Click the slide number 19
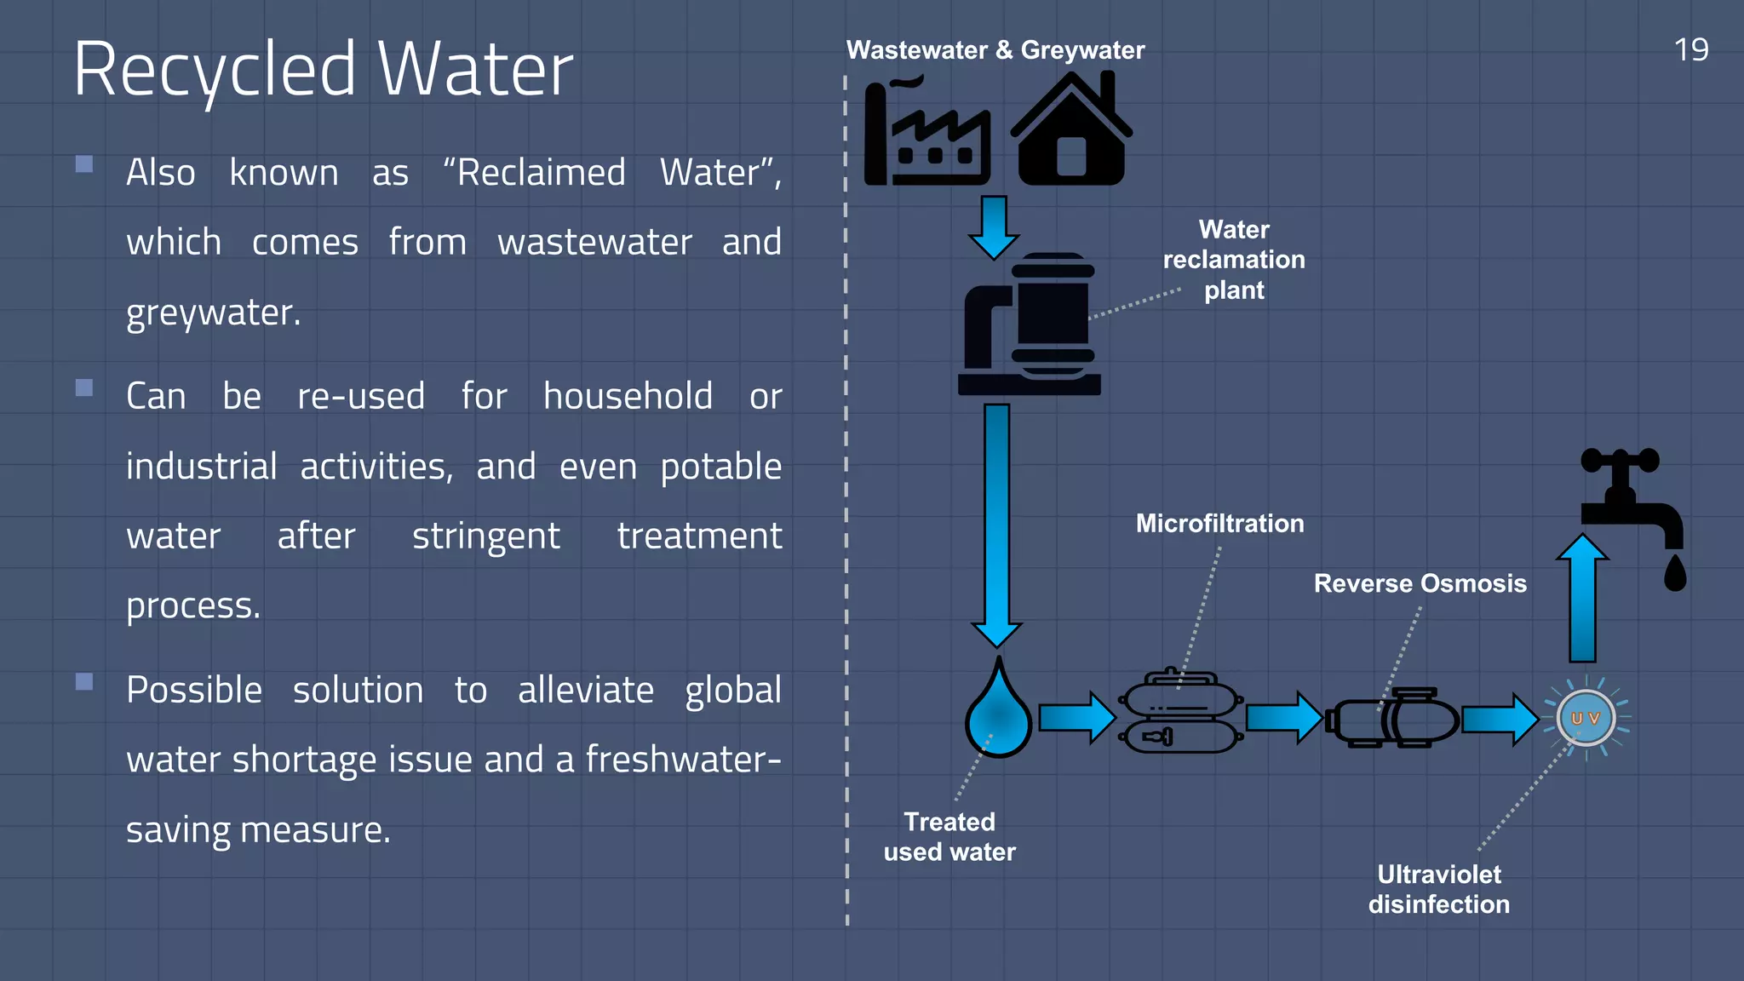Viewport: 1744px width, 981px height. pyautogui.click(x=1690, y=50)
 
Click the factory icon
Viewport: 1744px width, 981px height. pyautogui.click(x=926, y=132)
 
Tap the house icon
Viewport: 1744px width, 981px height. pyautogui.click(x=1071, y=132)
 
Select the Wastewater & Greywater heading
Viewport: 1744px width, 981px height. pyautogui.click(x=995, y=50)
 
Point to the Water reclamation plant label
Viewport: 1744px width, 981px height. pyautogui.click(x=1233, y=260)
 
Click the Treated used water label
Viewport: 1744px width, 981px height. pyautogui.click(x=949, y=836)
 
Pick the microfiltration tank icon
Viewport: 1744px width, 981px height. pyautogui.click(x=1180, y=714)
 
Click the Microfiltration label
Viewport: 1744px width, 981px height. pyautogui.click(x=1219, y=523)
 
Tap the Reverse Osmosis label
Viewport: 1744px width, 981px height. pyautogui.click(x=1420, y=583)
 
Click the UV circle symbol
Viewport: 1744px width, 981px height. pyautogui.click(x=1586, y=718)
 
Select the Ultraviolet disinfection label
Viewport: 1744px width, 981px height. pyautogui.click(x=1438, y=889)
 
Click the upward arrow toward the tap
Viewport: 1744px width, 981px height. pyautogui.click(x=1582, y=599)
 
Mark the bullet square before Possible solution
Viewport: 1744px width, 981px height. pyautogui.click(x=84, y=681)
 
